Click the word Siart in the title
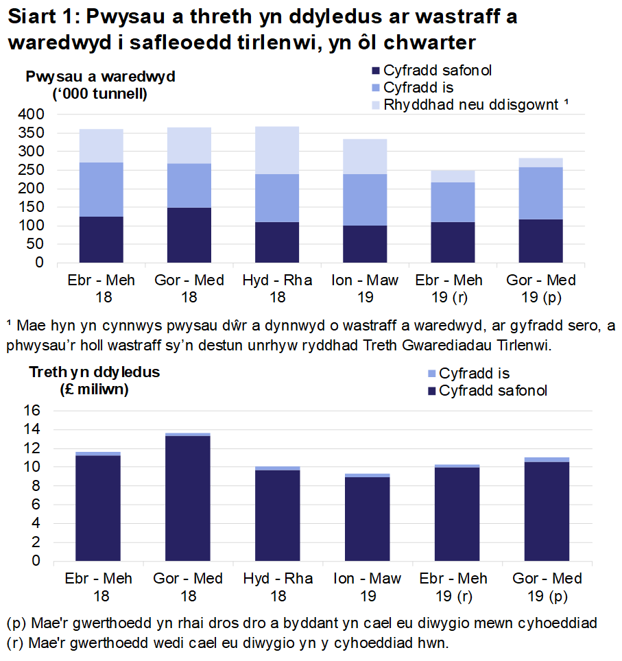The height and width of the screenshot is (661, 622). tap(32, 17)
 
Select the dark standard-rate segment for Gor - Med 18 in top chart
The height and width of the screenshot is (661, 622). tap(189, 235)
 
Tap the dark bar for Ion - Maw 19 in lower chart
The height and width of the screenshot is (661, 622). tap(368, 518)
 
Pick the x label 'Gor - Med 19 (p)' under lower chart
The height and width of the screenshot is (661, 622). tap(541, 587)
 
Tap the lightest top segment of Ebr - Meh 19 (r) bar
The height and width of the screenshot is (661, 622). tap(453, 176)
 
